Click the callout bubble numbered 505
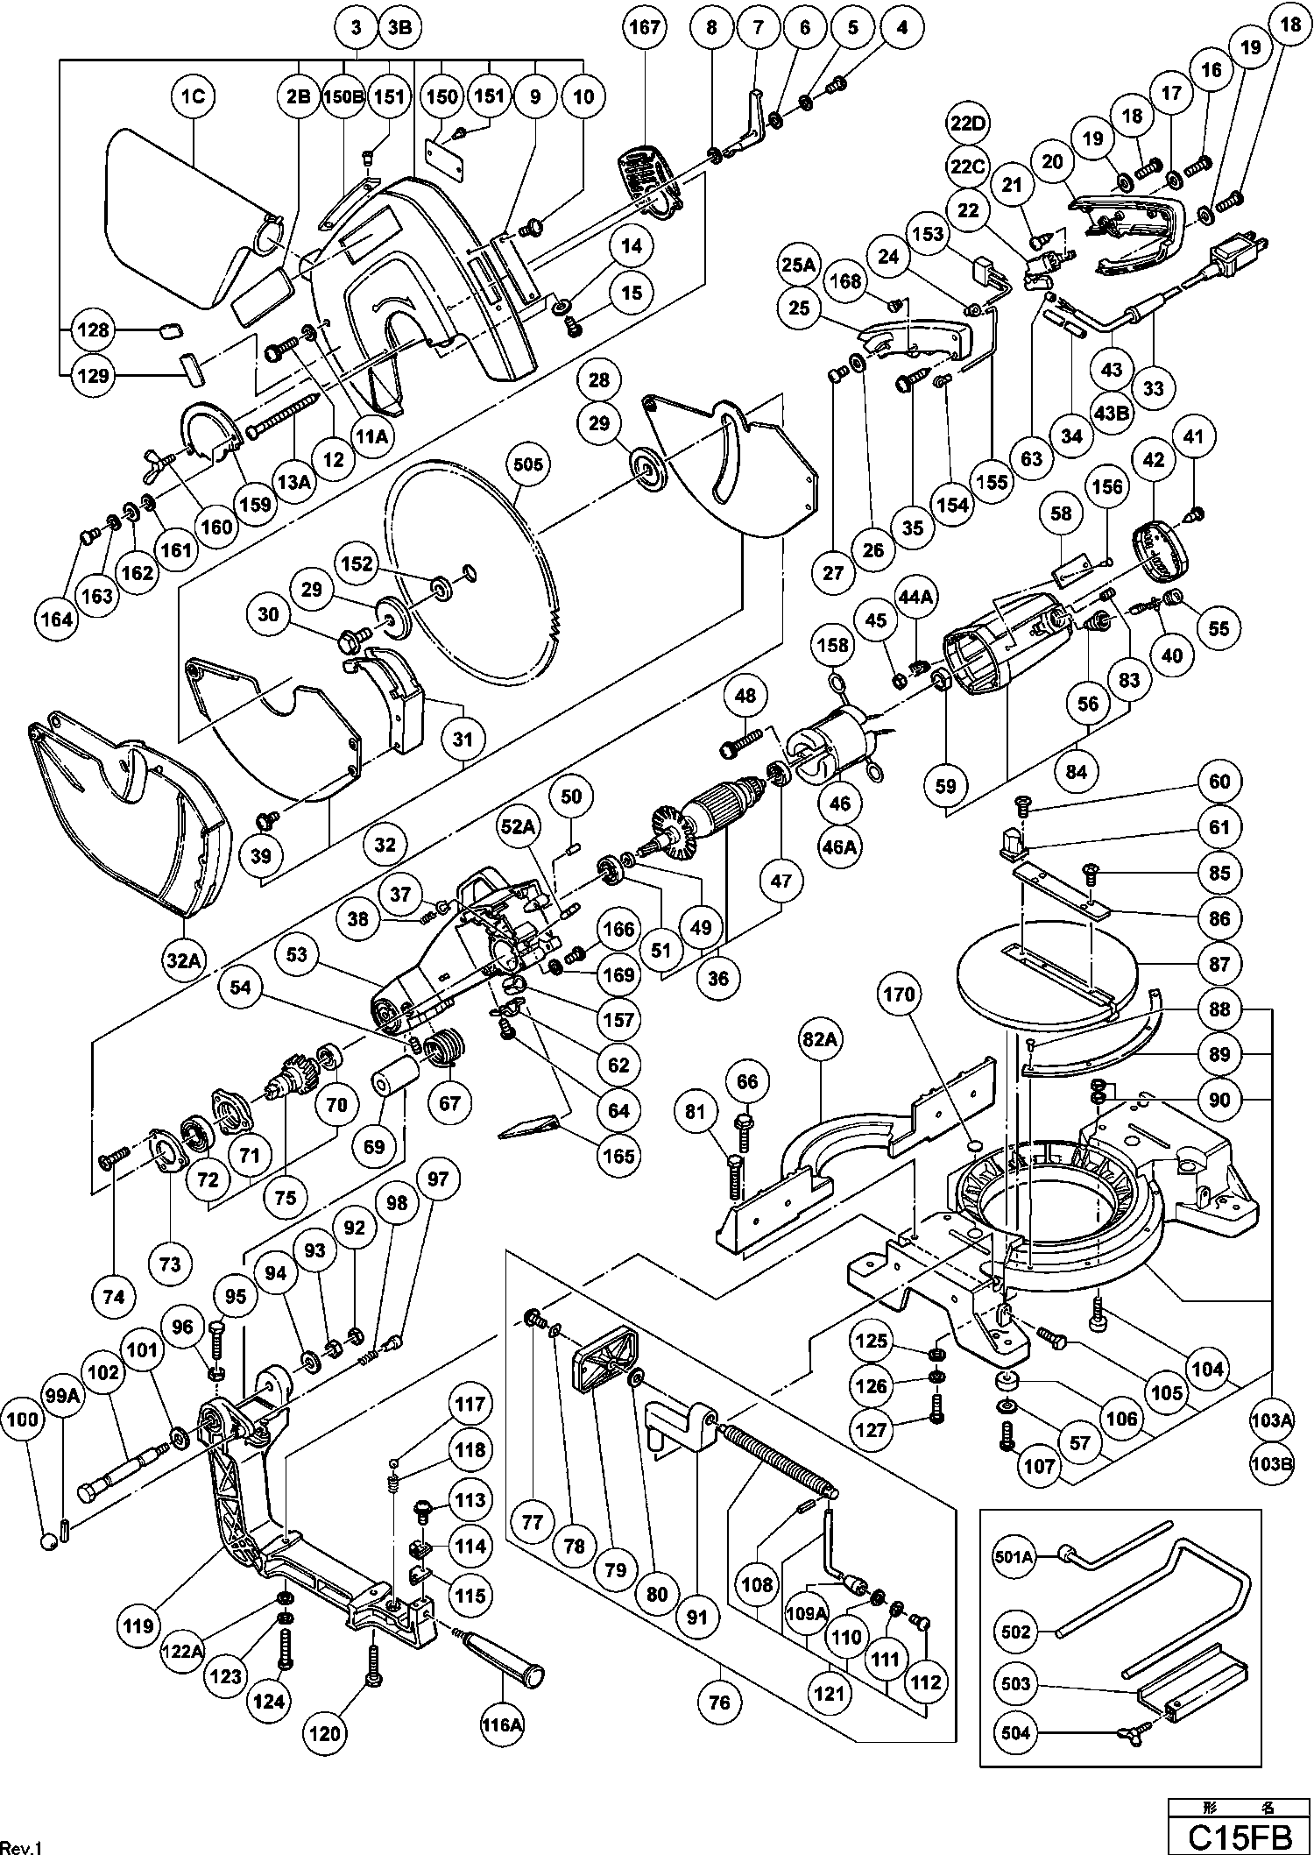point(528,466)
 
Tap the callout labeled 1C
point(193,96)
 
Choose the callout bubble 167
point(644,27)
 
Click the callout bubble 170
point(899,995)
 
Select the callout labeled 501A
point(1014,1556)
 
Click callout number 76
point(718,1702)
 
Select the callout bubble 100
point(24,1420)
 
